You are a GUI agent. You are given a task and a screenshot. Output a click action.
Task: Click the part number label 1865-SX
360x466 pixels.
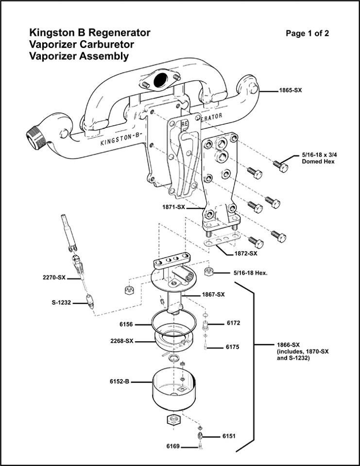coord(290,91)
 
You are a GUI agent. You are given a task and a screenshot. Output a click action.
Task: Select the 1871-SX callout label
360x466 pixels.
coord(173,207)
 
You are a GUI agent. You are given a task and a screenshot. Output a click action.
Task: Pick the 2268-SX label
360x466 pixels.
coord(122,341)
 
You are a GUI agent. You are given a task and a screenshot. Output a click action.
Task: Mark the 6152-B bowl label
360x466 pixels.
coord(120,382)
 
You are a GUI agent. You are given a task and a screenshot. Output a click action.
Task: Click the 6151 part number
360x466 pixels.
coord(229,436)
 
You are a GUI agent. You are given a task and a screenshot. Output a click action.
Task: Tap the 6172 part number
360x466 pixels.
coord(233,322)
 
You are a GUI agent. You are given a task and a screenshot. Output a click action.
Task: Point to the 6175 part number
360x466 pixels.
coord(233,347)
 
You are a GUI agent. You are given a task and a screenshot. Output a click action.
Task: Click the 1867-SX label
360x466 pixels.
coord(213,295)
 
